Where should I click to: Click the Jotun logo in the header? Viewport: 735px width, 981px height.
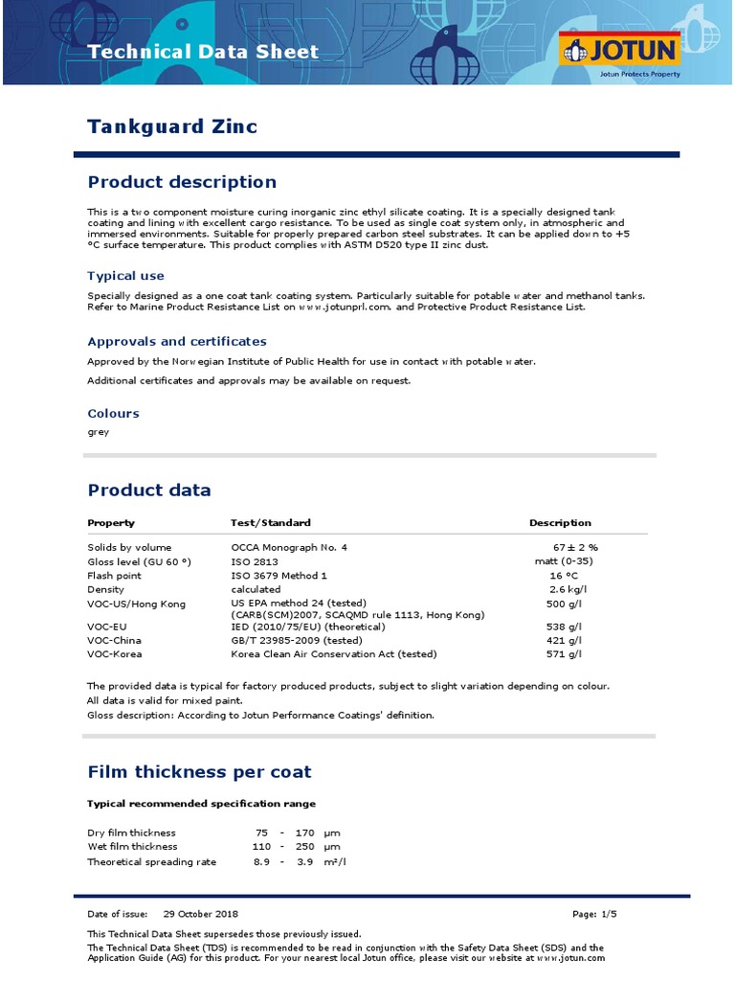click(620, 51)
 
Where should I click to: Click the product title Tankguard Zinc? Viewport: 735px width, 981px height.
click(172, 126)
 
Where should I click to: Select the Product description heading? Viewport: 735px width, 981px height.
click(182, 182)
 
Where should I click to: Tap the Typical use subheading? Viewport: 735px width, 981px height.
click(125, 276)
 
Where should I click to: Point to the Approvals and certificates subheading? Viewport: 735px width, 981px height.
click(177, 341)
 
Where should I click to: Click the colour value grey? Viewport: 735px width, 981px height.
click(98, 432)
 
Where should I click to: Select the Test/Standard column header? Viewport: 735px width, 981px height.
click(271, 523)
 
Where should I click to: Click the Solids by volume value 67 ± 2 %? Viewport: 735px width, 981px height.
click(575, 547)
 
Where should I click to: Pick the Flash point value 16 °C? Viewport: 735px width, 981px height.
click(564, 576)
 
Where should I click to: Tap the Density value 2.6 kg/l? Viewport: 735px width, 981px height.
click(567, 590)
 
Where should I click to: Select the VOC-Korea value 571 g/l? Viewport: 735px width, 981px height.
click(564, 654)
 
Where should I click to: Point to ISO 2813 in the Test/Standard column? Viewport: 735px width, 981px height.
click(254, 561)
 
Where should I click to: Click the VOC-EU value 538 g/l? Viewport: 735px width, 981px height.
click(564, 627)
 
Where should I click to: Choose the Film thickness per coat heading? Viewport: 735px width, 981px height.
click(199, 772)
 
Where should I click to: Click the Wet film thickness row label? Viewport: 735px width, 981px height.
click(132, 847)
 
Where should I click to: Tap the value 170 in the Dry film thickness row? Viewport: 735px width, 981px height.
click(305, 833)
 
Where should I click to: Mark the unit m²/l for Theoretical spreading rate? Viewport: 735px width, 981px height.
click(335, 862)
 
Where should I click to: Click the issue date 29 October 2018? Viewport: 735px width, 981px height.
click(201, 914)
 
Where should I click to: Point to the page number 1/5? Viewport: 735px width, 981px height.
click(608, 914)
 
